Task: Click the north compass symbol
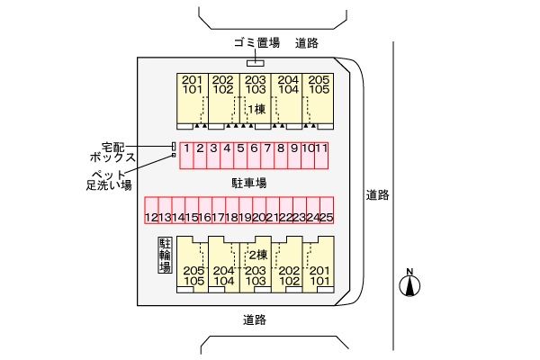(x=410, y=283)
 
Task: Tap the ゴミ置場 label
(x=256, y=42)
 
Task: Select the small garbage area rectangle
(x=256, y=62)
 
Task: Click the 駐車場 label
(x=248, y=183)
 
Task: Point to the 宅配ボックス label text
(x=118, y=151)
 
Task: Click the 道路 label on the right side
(x=377, y=194)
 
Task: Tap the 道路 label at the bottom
(x=255, y=319)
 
